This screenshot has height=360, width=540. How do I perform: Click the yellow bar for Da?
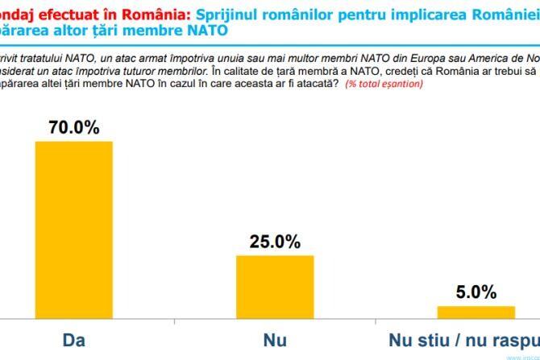click(x=73, y=230)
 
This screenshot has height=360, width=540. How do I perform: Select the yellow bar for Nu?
click(x=275, y=287)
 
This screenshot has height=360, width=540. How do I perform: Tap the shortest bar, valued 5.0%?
click(x=476, y=312)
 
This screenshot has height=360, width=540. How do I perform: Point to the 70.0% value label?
click(x=73, y=127)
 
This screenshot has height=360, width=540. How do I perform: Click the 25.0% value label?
click(x=275, y=242)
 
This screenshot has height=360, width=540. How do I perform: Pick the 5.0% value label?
click(x=476, y=292)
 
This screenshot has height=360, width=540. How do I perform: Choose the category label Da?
click(x=73, y=341)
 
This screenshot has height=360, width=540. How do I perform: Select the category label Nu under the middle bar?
click(x=275, y=341)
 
